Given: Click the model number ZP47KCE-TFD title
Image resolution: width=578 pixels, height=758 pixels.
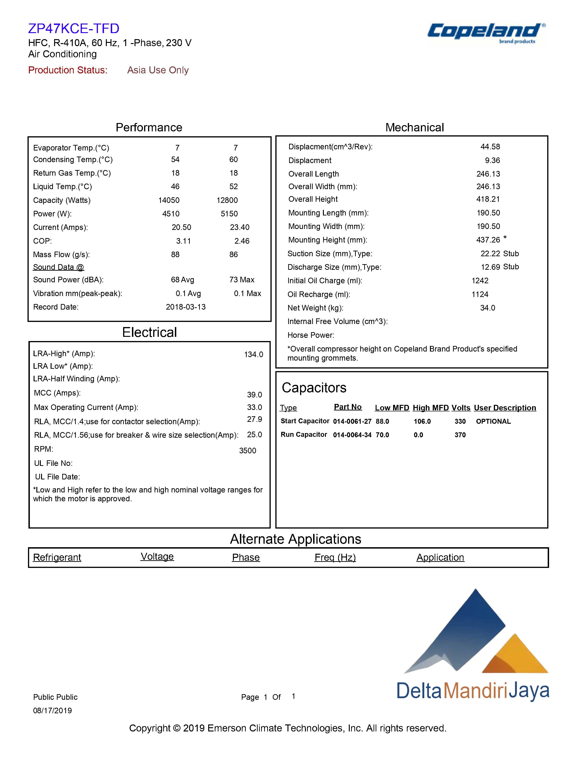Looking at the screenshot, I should point(74,28).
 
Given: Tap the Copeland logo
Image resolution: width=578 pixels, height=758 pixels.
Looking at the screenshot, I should point(486,33).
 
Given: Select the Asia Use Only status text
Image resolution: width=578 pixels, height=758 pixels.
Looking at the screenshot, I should point(158,70).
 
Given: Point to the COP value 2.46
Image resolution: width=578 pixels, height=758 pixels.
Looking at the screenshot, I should point(242,241).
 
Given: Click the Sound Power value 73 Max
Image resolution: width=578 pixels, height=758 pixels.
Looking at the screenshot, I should point(242,280).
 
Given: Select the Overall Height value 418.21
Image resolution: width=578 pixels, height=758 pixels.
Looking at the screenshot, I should point(488,199).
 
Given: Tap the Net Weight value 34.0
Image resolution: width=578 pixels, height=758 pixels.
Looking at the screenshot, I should point(488,308).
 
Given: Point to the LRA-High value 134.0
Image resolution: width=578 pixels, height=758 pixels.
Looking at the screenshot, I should point(254,354).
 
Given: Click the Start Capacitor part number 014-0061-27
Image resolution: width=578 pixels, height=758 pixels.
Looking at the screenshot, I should point(352,421).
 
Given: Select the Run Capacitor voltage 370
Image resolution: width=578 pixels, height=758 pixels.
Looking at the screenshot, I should point(460,435).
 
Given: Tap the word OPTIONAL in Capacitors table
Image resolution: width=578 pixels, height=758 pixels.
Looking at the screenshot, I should point(493,421).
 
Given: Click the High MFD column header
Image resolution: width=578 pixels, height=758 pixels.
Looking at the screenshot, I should point(431,408).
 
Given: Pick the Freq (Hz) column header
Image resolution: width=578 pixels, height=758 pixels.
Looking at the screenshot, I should point(335,557).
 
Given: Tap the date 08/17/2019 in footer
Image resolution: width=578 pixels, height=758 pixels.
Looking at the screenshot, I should point(52,710).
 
